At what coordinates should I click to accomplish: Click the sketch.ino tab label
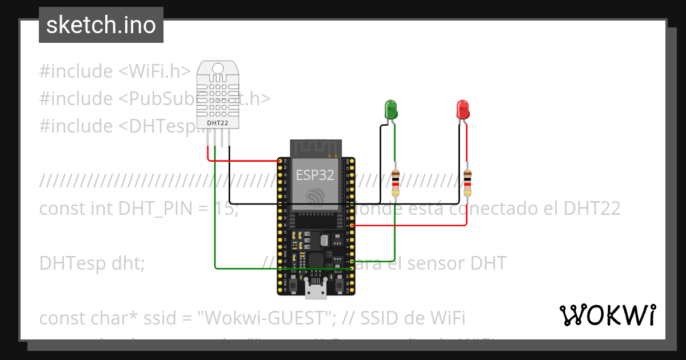coord(101,25)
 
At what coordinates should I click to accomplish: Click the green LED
coord(391,109)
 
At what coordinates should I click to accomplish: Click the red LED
coord(462,109)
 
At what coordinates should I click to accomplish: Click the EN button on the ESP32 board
coord(293,284)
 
